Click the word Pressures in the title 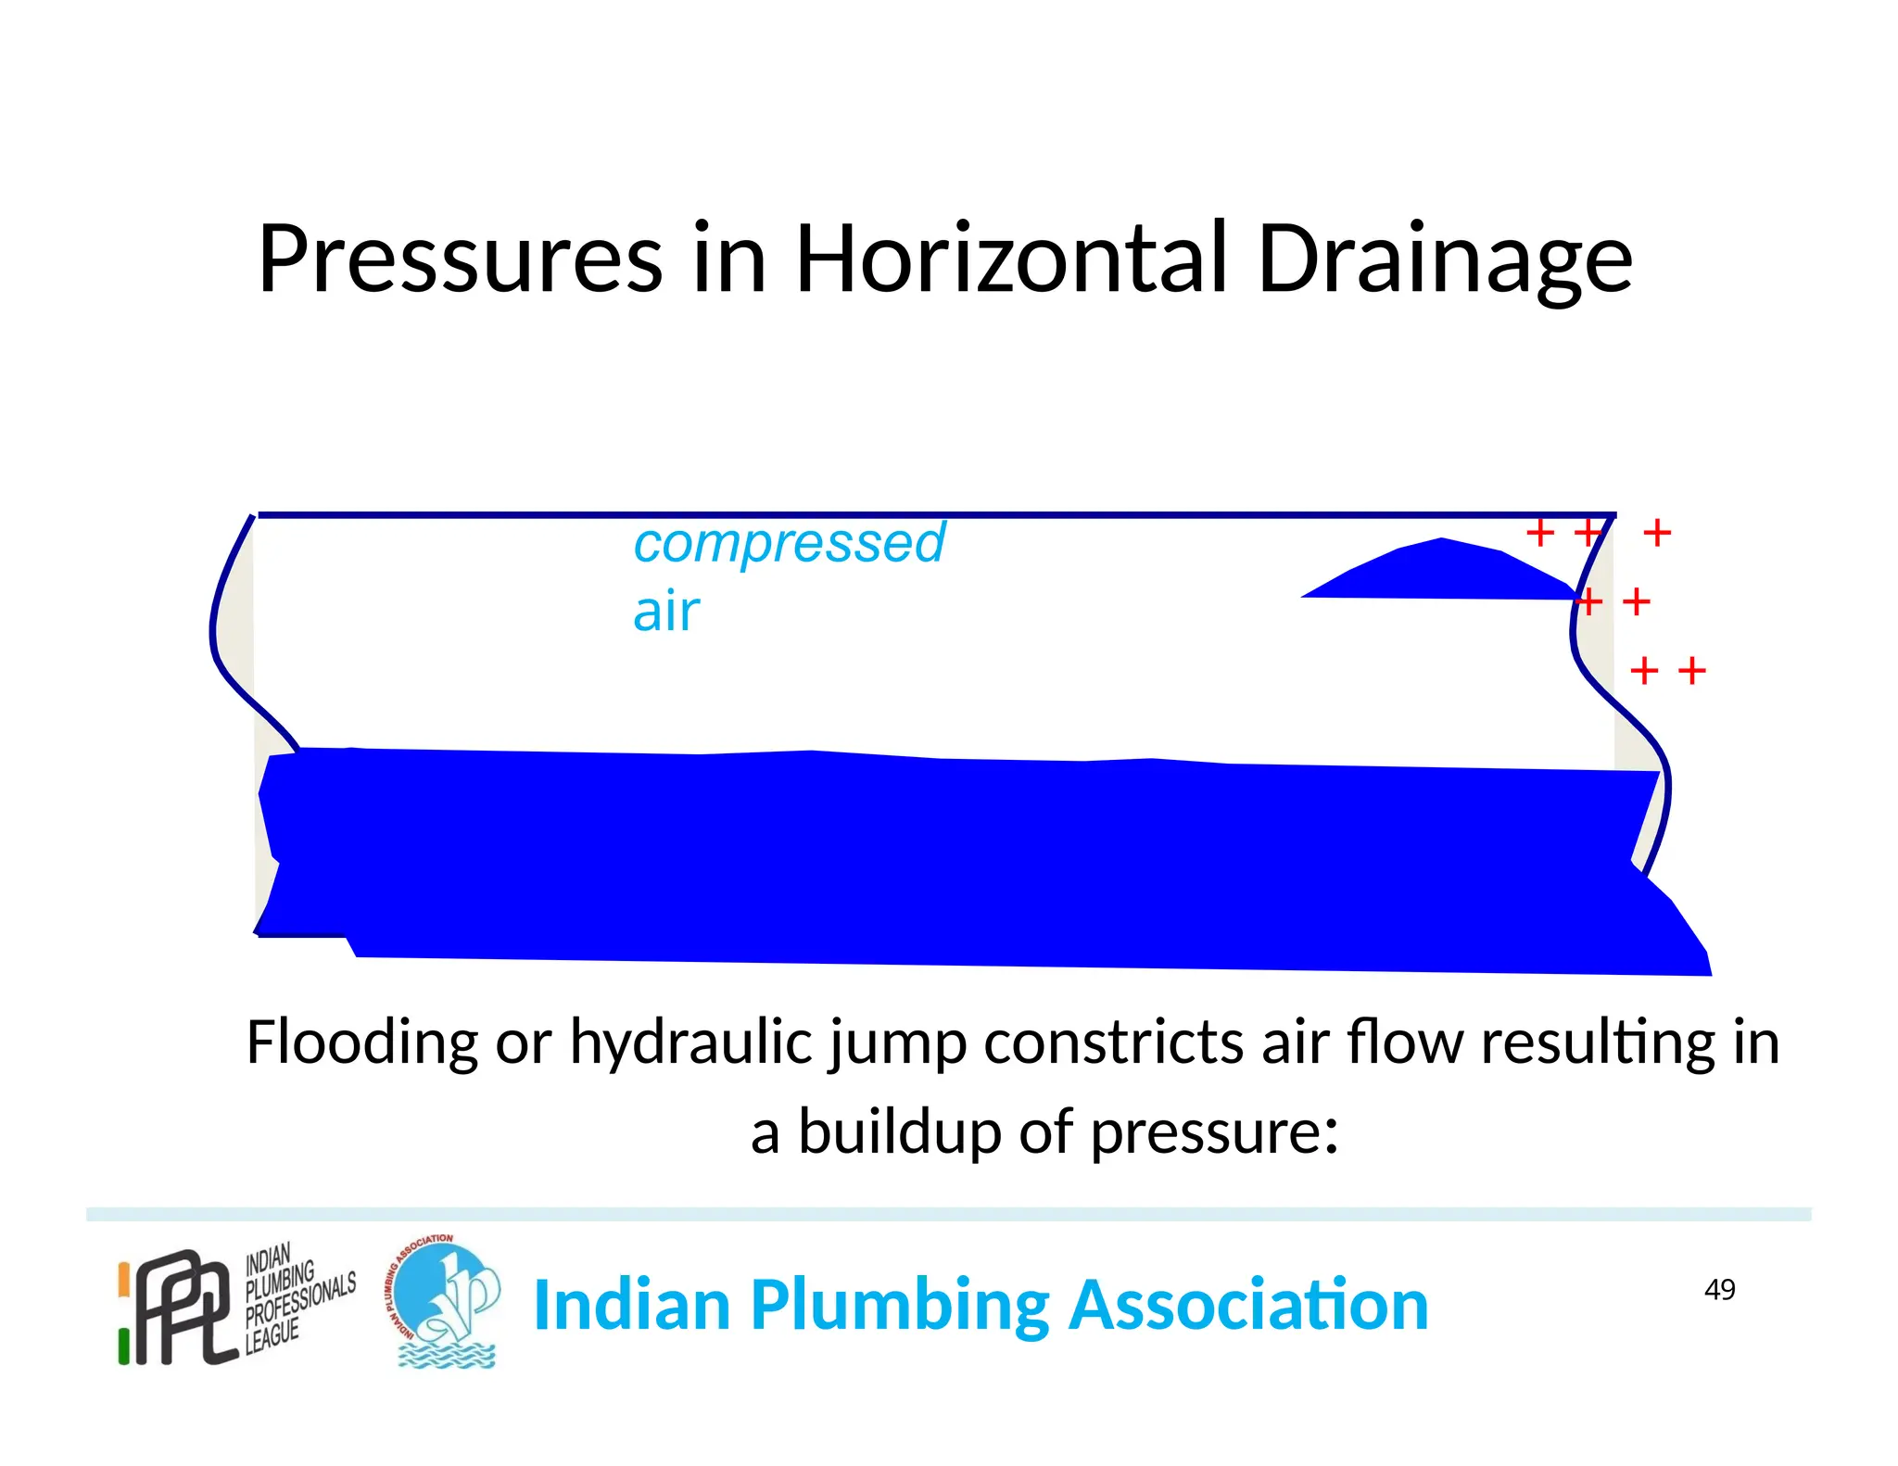460,259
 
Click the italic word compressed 789,543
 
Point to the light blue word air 665,613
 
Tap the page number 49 1719,1289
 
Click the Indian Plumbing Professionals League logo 236,1305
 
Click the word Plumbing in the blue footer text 900,1305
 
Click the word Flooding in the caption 361,1043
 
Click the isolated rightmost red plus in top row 1656,533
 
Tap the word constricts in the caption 1112,1043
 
